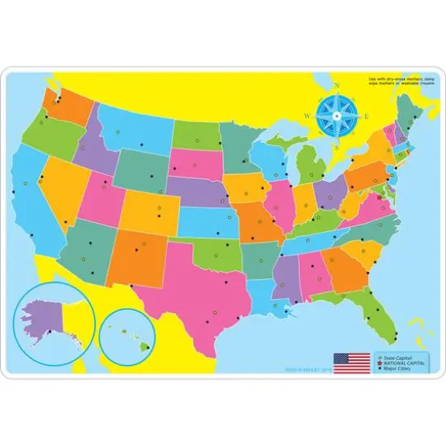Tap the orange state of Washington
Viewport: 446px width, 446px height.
pos(69,105)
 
